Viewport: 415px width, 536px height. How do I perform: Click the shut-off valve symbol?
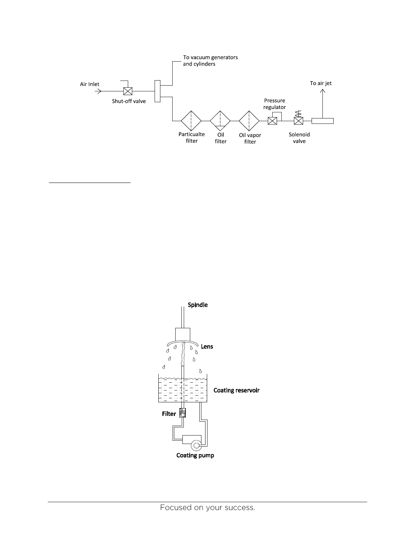[127, 91]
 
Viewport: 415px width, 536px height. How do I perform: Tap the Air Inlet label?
[90, 84]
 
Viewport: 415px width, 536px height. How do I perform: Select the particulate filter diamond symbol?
[191, 121]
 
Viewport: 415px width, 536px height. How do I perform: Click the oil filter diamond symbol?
[220, 121]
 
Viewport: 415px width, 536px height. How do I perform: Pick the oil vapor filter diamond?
[249, 121]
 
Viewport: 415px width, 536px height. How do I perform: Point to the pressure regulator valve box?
[272, 121]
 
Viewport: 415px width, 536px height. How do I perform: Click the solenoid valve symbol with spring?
[298, 120]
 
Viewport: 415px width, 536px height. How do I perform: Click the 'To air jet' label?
[321, 83]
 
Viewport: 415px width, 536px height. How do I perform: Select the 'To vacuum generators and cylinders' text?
[210, 61]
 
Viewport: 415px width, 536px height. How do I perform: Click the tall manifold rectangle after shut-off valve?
[157, 91]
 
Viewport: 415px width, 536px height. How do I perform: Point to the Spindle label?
[198, 305]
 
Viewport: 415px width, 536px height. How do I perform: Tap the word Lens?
[207, 347]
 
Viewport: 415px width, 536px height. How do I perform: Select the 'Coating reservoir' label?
[236, 390]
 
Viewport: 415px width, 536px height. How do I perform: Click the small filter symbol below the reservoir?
[183, 413]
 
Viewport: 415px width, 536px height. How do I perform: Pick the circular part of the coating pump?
[196, 445]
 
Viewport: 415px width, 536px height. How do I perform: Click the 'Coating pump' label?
[195, 455]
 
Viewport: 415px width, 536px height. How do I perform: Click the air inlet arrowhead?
[99, 91]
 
